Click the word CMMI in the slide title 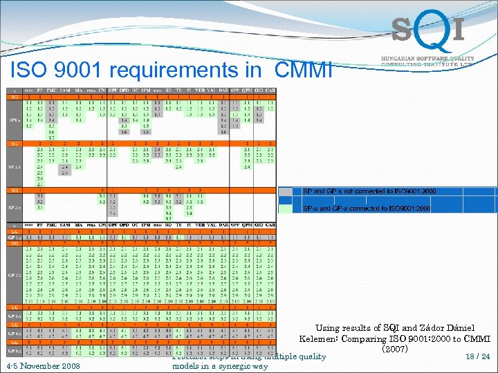(x=304, y=70)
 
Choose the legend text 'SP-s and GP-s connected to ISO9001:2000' (x=367, y=208)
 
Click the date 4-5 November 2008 (x=41, y=365)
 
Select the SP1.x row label (x=13, y=119)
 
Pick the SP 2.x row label (x=13, y=166)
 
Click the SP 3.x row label (x=13, y=207)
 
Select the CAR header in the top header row (x=270, y=90)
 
